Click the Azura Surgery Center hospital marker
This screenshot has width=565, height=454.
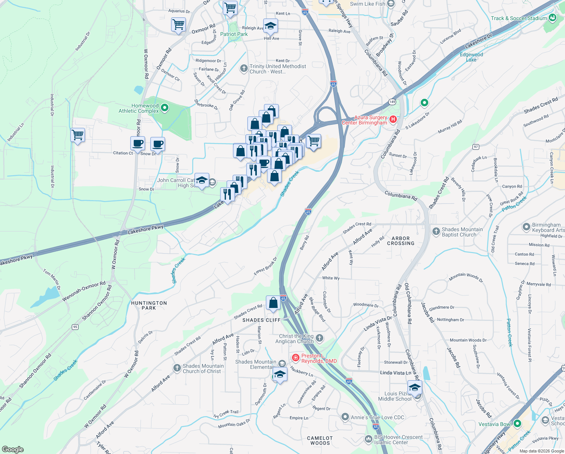[x=393, y=120]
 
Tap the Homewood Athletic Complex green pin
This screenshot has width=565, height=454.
[x=164, y=108]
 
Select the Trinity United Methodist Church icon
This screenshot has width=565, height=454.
[x=244, y=68]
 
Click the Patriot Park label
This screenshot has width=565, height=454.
[x=234, y=34]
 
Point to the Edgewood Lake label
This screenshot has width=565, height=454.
[x=471, y=57]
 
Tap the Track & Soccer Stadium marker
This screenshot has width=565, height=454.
[x=553, y=18]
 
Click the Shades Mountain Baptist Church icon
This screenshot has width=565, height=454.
[x=436, y=231]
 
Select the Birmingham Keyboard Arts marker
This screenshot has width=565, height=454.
[x=526, y=227]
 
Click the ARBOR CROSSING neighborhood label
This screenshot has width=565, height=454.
[x=400, y=241]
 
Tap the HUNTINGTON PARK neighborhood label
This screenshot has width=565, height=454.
[x=149, y=305]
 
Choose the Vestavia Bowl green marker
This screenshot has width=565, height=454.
[x=517, y=423]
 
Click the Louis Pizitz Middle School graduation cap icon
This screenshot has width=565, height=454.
[x=415, y=388]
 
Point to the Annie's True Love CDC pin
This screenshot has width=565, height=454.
[x=345, y=417]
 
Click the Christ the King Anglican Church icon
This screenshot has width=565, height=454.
[x=320, y=338]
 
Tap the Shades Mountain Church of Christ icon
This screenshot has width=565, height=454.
[x=177, y=368]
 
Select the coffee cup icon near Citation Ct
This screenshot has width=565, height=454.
[x=137, y=144]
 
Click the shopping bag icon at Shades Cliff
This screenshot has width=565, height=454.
[x=273, y=303]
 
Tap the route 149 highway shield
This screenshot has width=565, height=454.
[x=392, y=102]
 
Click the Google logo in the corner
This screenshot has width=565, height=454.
[x=12, y=449]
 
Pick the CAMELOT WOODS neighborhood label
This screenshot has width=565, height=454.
[x=320, y=440]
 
